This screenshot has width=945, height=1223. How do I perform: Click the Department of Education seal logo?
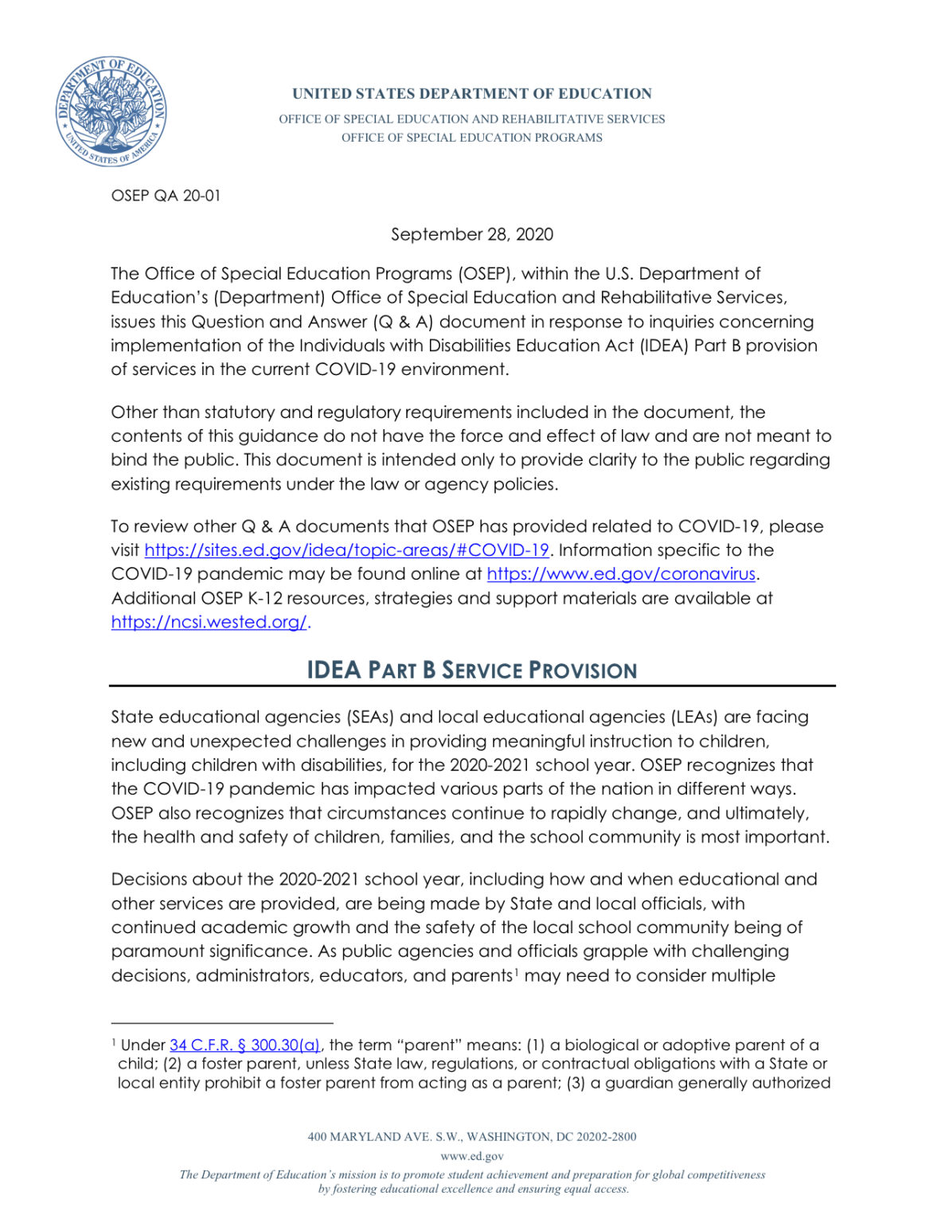(111, 111)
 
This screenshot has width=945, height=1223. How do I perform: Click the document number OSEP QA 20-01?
(166, 196)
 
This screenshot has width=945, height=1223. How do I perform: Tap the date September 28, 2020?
(471, 234)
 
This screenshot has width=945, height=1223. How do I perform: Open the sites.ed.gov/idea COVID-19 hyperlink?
(346, 550)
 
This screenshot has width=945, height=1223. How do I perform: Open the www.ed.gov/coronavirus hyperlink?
(621, 574)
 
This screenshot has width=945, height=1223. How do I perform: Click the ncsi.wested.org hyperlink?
(209, 623)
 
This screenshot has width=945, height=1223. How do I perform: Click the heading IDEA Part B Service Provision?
(471, 670)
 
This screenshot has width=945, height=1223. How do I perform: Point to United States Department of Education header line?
(471, 94)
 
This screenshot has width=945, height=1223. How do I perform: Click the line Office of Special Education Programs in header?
(471, 138)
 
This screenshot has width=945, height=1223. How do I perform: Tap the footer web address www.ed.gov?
(471, 1156)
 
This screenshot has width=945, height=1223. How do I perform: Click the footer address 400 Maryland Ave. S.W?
(471, 1137)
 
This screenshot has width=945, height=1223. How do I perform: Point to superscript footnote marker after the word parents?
(517, 971)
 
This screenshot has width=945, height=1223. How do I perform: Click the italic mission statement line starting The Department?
(471, 1175)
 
